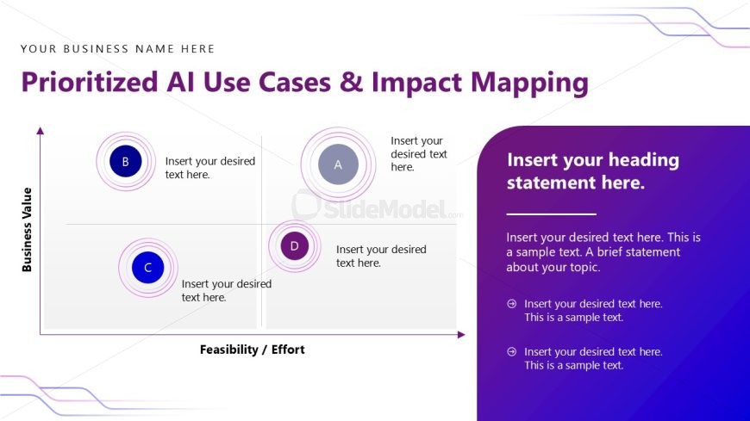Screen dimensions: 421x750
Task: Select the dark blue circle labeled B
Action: (126, 161)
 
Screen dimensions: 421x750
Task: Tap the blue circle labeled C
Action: (147, 268)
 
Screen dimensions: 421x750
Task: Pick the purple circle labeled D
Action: (294, 246)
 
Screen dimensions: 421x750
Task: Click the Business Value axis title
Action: (27, 229)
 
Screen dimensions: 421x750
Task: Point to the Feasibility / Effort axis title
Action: (252, 350)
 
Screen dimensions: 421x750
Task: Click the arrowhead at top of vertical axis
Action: (40, 130)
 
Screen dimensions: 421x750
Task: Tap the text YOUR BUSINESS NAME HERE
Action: (117, 49)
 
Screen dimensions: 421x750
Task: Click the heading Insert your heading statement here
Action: (592, 171)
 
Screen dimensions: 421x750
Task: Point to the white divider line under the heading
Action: (551, 213)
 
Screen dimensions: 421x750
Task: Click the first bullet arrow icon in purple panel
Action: (511, 304)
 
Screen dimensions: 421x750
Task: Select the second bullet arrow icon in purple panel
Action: (511, 351)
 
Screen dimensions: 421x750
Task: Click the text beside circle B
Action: (209, 167)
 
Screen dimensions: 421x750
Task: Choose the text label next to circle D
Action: (380, 256)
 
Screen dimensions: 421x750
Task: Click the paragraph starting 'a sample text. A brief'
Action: (603, 252)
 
